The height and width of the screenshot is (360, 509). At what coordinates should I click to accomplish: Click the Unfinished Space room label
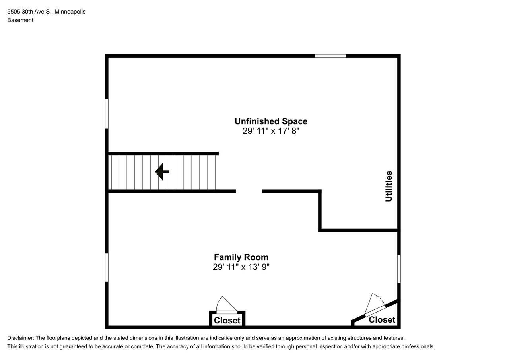pos(271,121)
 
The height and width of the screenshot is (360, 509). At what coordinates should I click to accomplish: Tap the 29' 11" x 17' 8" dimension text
pos(271,131)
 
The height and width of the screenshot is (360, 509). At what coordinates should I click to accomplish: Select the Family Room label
pos(241,257)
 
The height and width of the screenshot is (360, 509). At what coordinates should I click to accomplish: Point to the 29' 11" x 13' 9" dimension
pos(241,267)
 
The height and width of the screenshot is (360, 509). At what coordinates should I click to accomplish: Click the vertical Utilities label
pos(389,186)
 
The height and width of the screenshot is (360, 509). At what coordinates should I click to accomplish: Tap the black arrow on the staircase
pos(162,171)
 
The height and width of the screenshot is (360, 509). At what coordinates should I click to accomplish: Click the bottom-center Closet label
pos(227,320)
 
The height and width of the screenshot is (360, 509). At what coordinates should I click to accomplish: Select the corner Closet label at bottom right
pos(382,319)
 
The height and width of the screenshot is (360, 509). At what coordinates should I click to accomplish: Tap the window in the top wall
pos(330,56)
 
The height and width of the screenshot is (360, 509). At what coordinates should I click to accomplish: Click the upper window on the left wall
pos(107,114)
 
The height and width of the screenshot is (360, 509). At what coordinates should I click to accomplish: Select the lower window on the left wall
pos(107,267)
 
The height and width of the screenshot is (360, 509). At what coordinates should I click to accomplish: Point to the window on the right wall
pos(399,269)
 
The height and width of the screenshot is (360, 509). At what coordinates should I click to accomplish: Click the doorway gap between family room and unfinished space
pos(249,191)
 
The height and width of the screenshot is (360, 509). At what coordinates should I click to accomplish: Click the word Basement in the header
pos(20,20)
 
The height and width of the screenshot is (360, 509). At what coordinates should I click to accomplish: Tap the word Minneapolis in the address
pos(70,12)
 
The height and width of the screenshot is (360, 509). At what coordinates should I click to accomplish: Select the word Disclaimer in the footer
pos(21,338)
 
